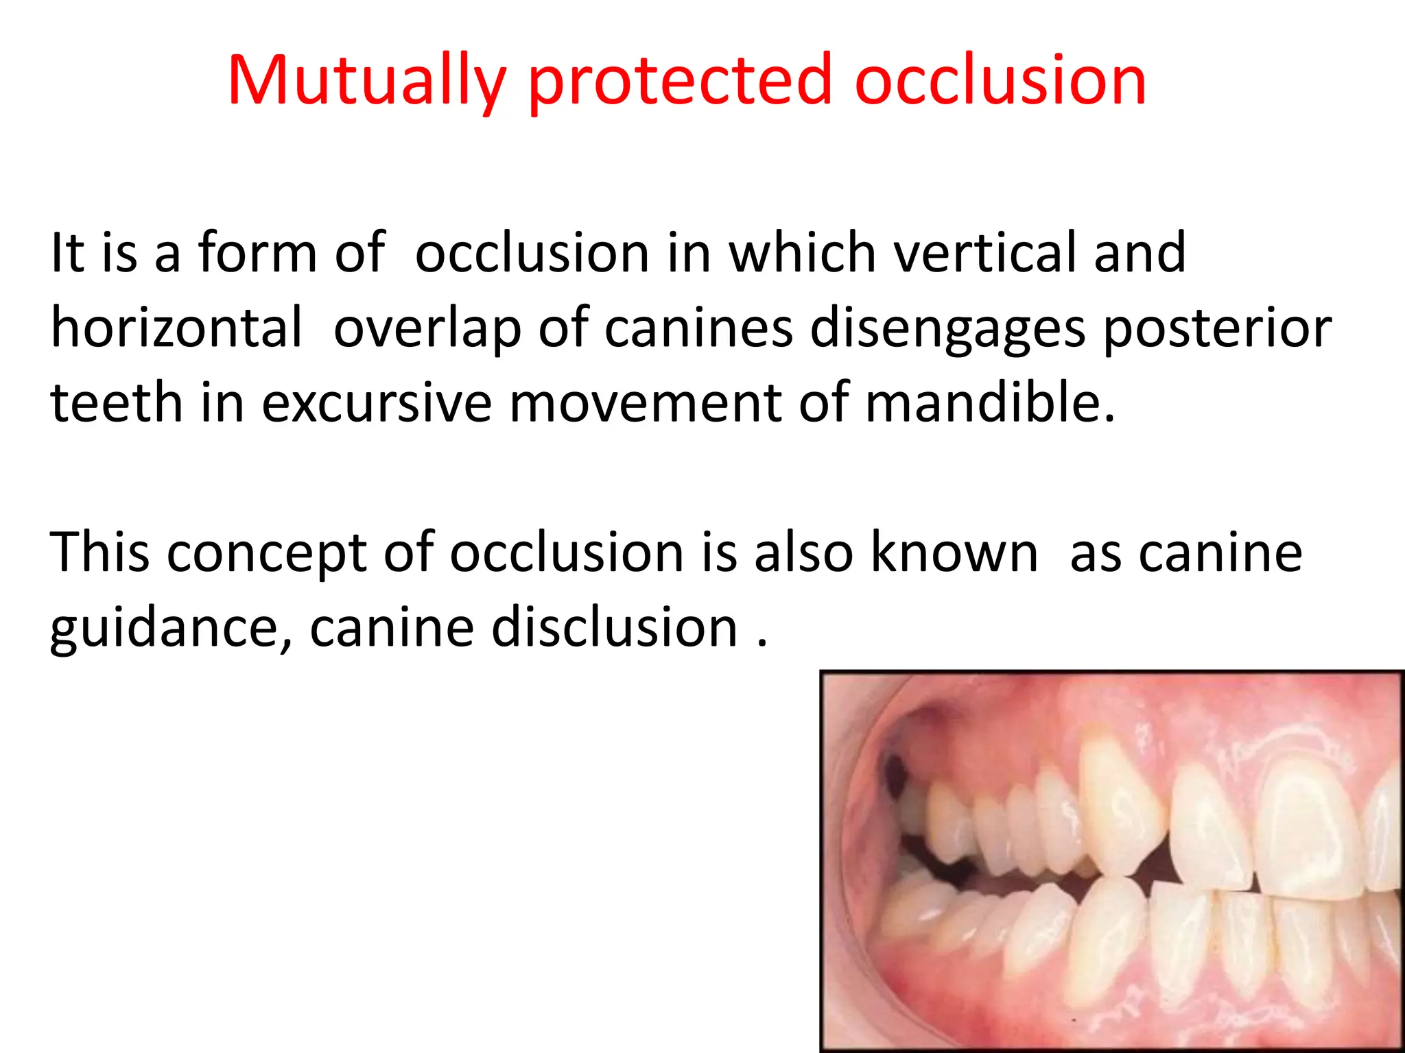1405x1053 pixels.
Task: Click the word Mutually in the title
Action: click(366, 81)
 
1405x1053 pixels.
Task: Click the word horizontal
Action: click(176, 328)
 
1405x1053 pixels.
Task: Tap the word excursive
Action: click(376, 403)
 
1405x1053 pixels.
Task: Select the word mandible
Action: click(989, 403)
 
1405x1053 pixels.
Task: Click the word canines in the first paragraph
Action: click(698, 328)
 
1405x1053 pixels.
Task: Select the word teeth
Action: click(116, 403)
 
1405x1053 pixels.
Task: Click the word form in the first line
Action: click(257, 253)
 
